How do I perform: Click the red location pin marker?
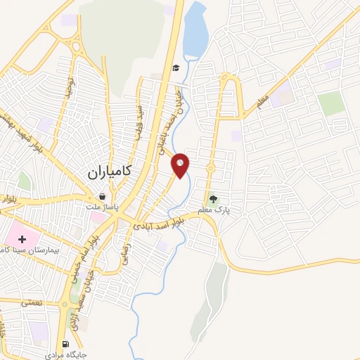point(181,165)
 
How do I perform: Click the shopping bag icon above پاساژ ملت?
point(104,198)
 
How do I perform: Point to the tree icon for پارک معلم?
point(213,199)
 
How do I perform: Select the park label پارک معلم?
point(218,210)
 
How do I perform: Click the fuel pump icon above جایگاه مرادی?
point(66,344)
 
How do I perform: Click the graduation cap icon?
point(175,67)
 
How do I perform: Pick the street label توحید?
point(69,87)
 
